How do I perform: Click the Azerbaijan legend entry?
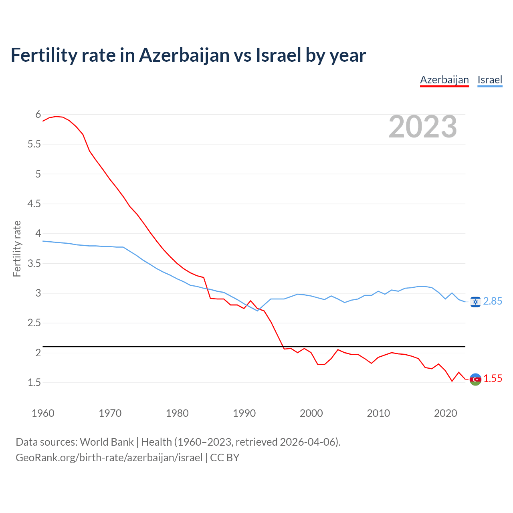click(444, 80)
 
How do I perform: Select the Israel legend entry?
click(490, 80)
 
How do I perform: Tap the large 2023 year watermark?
click(423, 127)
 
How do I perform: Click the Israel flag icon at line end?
click(475, 302)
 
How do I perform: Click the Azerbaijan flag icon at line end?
click(475, 379)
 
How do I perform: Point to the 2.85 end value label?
click(493, 301)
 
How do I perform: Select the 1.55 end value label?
click(493, 379)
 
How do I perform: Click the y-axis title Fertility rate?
click(17, 248)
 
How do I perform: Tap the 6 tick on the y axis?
click(38, 115)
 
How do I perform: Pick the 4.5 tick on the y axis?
click(34, 204)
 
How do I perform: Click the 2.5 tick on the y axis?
click(34, 323)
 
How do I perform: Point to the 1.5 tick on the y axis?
click(34, 383)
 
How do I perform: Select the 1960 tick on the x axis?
click(43, 413)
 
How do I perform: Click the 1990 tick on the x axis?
click(244, 413)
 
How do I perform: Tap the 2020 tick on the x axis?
click(445, 413)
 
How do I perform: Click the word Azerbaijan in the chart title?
click(184, 55)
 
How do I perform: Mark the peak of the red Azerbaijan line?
click(56, 116)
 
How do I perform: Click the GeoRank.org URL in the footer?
click(109, 458)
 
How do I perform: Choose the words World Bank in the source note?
click(107, 442)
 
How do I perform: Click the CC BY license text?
click(224, 458)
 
